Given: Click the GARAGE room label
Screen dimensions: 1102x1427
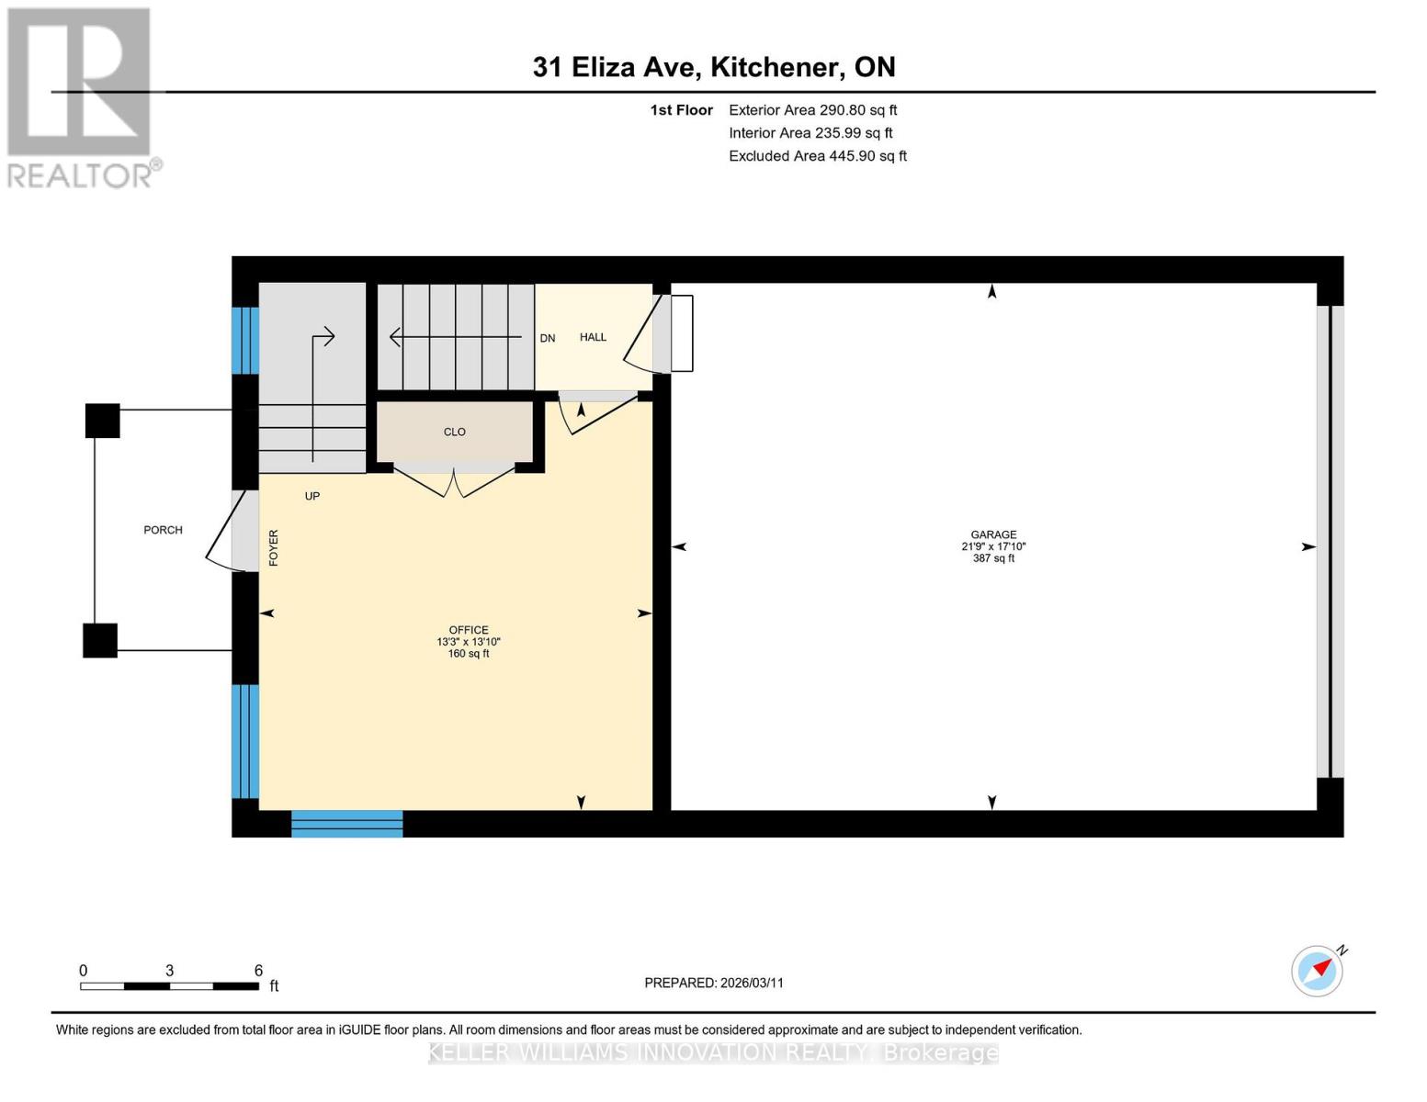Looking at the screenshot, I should [993, 534].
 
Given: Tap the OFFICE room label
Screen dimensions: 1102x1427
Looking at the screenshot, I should [469, 630].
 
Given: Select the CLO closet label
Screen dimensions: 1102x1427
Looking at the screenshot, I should [455, 432].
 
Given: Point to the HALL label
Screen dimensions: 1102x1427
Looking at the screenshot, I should [593, 337].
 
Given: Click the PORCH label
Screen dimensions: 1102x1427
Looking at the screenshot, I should [163, 530].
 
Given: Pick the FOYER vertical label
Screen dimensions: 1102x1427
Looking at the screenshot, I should [274, 547].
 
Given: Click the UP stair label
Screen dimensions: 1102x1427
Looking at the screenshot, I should [312, 496].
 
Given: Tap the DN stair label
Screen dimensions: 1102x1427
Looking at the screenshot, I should [548, 338].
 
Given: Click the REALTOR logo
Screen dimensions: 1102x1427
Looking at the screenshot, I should [82, 97].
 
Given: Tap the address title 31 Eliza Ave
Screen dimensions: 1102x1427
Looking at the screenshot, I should [714, 67].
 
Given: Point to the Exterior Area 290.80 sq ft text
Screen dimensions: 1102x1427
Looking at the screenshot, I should [812, 110].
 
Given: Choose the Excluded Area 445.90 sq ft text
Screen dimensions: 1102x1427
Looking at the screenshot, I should [817, 156].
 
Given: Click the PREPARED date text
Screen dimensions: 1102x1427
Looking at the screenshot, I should [714, 983].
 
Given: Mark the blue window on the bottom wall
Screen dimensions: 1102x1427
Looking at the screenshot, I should [347, 824].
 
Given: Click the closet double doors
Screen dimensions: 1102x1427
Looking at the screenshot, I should [454, 481].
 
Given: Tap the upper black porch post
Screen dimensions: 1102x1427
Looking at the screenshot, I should [103, 421].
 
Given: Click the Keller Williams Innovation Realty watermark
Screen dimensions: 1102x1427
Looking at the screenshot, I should [713, 1052].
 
